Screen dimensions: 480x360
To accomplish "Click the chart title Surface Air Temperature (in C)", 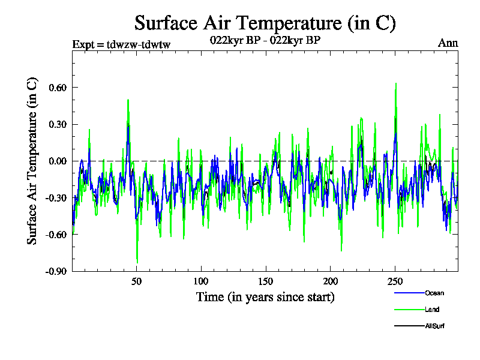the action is tap(265, 23).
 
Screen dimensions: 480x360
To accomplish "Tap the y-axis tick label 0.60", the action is tap(58, 88).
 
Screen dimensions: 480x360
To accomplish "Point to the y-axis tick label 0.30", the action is tap(58, 125).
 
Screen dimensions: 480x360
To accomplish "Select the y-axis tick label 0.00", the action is tap(58, 161).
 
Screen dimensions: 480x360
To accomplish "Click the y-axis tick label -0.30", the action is tap(56, 198).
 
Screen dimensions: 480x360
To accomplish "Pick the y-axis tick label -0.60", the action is tap(56, 235).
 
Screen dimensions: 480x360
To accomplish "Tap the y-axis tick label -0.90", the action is tap(56, 272).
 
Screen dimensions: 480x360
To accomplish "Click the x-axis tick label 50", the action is tap(137, 281).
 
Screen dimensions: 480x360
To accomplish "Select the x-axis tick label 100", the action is tap(201, 281).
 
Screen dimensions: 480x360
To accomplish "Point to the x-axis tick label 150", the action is tap(266, 281).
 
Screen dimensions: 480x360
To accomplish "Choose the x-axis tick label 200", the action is tap(331, 281).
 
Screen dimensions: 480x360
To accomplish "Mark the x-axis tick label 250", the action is tap(395, 281).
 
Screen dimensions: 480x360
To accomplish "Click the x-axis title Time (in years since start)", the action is tap(265, 297).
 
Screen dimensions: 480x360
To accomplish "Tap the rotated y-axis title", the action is tap(32, 161).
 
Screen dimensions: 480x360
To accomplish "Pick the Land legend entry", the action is tap(416, 310).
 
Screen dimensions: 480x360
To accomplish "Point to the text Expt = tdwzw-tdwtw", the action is tap(121, 44).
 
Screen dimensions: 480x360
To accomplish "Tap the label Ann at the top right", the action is tap(448, 43).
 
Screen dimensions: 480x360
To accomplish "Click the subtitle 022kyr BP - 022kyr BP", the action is tap(265, 40).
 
